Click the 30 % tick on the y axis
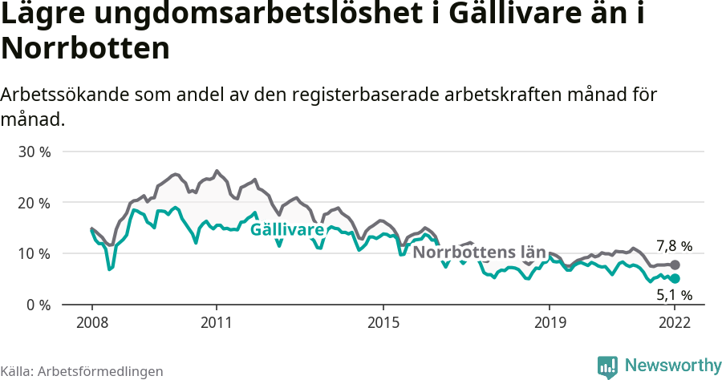34,152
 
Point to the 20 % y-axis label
34,203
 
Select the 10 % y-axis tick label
34,254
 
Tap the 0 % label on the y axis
37,305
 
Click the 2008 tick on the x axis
91,324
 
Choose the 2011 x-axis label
217,324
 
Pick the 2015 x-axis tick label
383,324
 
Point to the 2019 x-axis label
550,324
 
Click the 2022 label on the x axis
675,324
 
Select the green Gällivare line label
287,230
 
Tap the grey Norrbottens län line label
479,253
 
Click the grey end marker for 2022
675,265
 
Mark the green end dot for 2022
675,278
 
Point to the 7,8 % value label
674,246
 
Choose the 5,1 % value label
674,295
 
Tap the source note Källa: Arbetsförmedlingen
82,371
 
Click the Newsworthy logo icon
607,366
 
